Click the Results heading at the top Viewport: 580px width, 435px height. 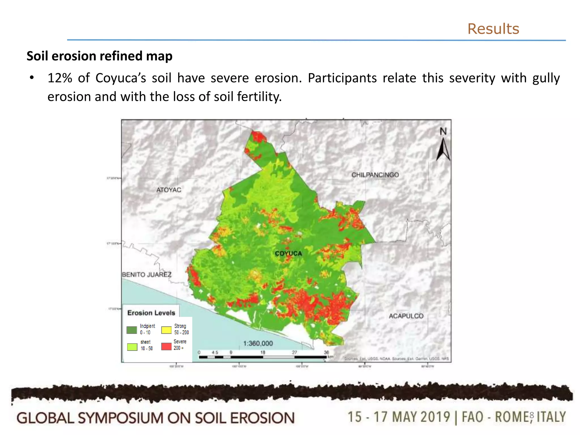(493, 29)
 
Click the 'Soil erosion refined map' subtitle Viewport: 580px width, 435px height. (99, 56)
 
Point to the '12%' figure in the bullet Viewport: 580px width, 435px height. (60, 78)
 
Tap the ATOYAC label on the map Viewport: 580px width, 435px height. (169, 190)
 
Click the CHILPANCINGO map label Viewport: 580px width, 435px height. (375, 175)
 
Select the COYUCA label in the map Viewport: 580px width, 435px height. (288, 253)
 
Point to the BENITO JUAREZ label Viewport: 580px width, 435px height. (147, 275)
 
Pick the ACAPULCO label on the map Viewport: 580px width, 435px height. (406, 316)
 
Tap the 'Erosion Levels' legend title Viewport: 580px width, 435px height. (151, 313)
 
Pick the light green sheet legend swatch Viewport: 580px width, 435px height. (132, 347)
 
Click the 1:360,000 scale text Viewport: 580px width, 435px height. (258, 344)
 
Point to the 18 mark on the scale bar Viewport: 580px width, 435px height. (263, 353)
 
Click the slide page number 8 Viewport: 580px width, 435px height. (532, 415)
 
